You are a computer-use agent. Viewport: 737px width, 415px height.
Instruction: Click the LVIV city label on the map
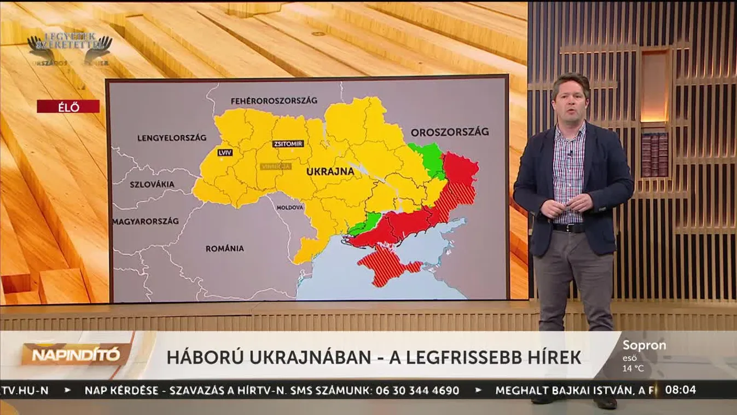pos(224,153)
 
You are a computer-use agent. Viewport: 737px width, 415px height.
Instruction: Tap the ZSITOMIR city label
pos(288,143)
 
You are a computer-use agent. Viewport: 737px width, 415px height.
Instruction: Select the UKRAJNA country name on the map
pos(330,171)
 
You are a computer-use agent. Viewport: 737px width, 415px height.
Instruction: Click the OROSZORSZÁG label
pos(449,132)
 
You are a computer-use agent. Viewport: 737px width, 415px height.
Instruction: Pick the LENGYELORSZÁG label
pos(171,137)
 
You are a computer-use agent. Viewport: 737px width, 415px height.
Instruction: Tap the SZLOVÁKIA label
pos(152,184)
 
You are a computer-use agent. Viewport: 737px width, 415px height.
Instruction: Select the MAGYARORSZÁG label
pos(146,221)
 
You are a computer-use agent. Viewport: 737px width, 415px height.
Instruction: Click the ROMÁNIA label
pos(224,249)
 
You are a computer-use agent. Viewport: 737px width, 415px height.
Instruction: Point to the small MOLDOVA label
pos(289,208)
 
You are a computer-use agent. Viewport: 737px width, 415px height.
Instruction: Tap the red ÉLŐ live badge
pos(68,107)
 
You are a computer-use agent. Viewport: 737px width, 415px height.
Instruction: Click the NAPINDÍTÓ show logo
pos(76,355)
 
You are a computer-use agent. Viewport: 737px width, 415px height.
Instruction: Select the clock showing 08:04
pos(681,390)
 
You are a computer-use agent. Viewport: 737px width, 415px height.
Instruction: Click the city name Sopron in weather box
pos(644,345)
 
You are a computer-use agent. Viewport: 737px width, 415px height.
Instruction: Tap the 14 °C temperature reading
pos(633,368)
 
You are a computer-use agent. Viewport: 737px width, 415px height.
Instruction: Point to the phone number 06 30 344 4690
pos(416,390)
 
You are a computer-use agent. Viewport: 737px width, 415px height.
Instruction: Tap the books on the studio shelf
pos(654,155)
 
